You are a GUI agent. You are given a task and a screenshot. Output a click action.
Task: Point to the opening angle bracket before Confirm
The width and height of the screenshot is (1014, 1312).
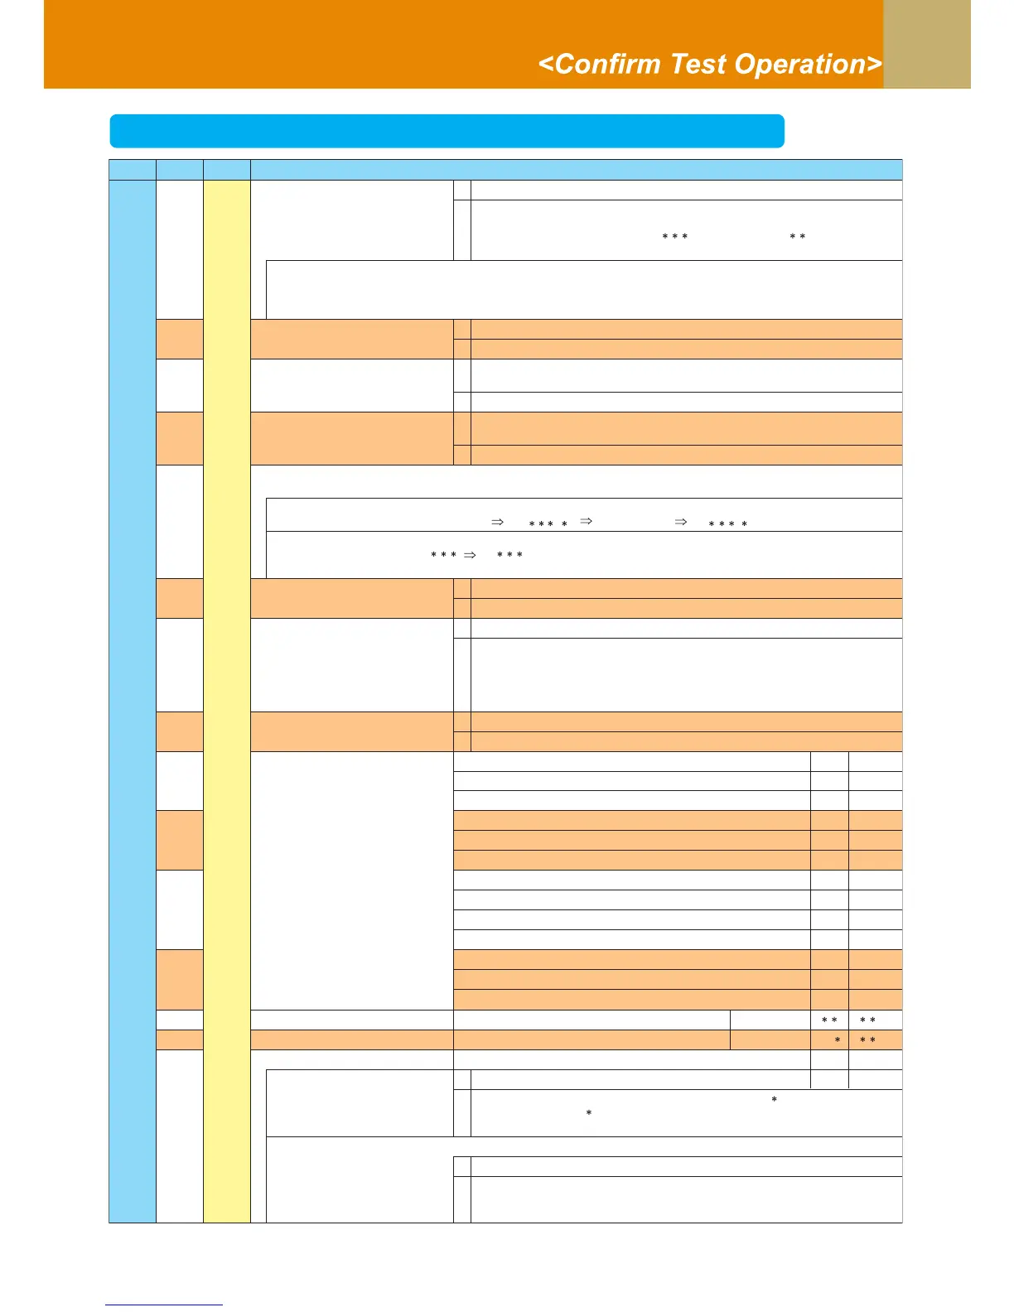coord(546,65)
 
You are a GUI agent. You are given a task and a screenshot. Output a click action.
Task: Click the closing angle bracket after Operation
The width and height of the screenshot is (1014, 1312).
coord(874,65)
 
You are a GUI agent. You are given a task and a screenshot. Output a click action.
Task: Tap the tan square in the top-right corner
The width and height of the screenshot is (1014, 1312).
coord(926,44)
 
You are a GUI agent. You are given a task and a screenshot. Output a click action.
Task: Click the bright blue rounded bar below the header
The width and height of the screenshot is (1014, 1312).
coord(447,131)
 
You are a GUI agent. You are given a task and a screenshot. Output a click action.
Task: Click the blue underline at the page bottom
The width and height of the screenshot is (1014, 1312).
coord(164,1305)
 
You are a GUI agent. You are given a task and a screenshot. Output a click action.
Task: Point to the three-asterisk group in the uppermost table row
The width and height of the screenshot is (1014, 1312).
coord(675,237)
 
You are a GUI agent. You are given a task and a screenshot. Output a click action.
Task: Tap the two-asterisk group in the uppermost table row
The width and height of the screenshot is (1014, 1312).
coord(798,237)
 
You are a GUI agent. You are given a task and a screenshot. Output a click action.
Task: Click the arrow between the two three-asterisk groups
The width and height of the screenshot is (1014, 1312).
coord(470,555)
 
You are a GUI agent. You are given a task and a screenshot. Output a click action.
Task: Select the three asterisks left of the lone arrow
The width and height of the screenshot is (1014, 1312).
coord(444,554)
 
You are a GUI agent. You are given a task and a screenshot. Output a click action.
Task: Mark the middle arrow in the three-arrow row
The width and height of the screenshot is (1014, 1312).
coord(586,522)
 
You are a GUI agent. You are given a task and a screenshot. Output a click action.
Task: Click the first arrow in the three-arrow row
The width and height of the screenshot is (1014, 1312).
coord(498,523)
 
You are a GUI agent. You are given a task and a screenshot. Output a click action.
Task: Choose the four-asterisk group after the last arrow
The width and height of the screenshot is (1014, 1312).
coord(728,524)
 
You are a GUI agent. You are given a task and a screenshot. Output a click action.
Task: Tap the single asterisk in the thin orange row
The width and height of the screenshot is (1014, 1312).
coord(838,1040)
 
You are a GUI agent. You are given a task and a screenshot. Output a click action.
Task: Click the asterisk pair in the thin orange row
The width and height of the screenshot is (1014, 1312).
coord(867,1040)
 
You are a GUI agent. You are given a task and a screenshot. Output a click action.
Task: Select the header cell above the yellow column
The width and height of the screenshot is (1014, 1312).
coord(226,170)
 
